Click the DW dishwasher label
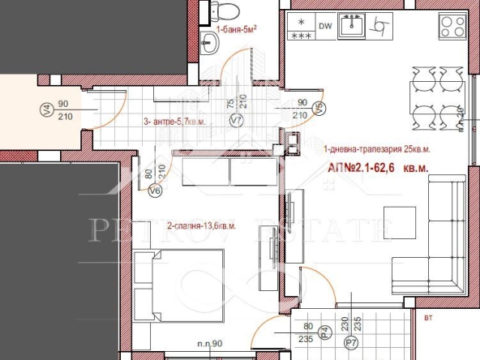tap(325, 26)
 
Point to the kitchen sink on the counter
tap(353, 26)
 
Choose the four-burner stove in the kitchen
tap(451, 27)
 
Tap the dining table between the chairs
tap(426, 94)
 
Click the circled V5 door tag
tap(319, 107)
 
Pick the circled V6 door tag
tap(156, 191)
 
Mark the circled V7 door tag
tap(237, 121)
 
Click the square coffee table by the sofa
tap(397, 218)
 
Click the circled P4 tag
tap(324, 331)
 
